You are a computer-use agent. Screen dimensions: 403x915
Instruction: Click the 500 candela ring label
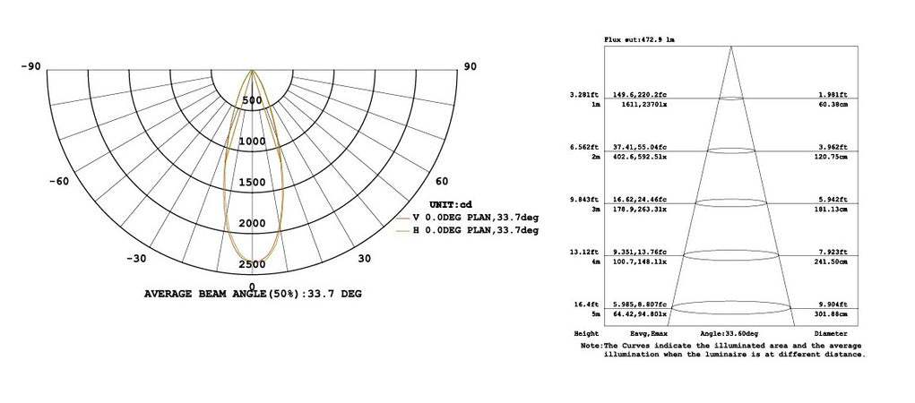click(x=252, y=100)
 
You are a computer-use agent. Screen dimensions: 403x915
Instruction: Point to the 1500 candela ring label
click(x=252, y=183)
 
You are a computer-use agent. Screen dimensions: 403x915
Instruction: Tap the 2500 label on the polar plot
click(x=252, y=264)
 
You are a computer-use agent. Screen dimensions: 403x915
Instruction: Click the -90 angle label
click(x=31, y=66)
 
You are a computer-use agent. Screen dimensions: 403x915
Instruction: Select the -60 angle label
click(x=58, y=181)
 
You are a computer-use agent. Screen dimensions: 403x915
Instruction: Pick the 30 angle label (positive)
click(x=365, y=259)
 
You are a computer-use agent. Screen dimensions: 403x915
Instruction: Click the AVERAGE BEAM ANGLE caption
click(x=253, y=294)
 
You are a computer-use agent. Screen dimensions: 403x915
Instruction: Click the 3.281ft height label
click(x=583, y=94)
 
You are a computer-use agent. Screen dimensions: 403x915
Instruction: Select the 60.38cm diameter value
click(x=833, y=105)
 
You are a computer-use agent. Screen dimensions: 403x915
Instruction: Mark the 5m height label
click(x=593, y=314)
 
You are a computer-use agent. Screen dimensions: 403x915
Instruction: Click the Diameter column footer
click(x=833, y=332)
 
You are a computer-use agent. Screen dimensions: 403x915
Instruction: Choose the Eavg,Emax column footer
click(x=634, y=332)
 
